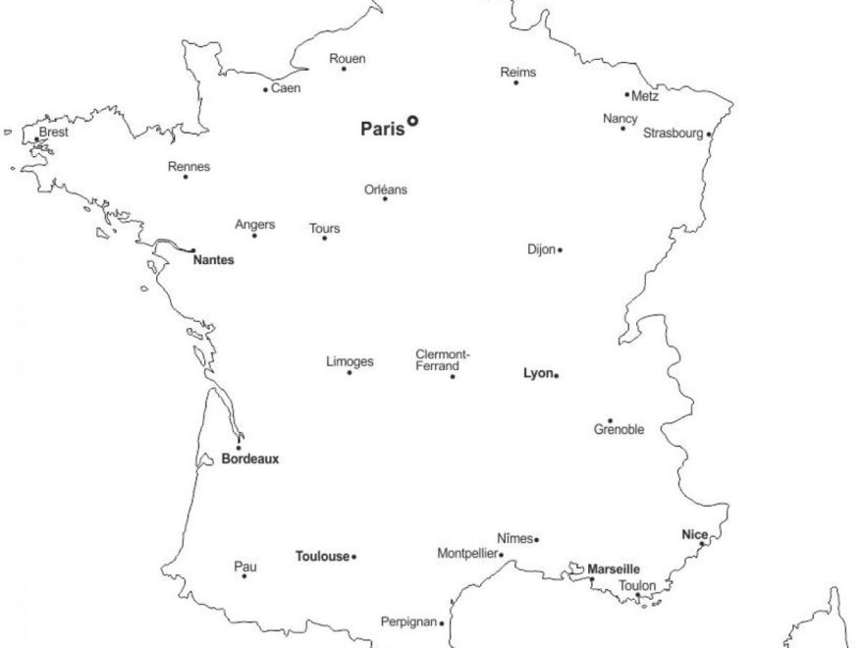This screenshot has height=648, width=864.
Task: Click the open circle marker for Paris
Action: tap(413, 121)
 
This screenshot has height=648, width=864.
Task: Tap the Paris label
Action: tap(382, 128)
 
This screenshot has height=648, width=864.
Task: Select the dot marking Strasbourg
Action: tap(709, 135)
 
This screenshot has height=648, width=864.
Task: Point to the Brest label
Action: tap(54, 131)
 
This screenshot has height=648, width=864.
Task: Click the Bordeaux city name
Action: tap(250, 459)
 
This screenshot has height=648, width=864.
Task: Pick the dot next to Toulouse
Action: tap(353, 557)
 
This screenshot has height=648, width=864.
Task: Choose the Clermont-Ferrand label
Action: tap(443, 359)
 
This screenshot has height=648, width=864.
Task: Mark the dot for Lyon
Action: tap(556, 375)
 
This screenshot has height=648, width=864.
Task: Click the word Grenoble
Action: tap(620, 430)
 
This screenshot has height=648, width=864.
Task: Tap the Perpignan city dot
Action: tap(442, 622)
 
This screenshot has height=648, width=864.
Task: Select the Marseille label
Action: tap(614, 568)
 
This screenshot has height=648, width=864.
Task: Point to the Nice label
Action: tap(694, 534)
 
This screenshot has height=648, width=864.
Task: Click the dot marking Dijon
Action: tap(560, 249)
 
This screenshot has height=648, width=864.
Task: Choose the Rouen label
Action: tap(348, 59)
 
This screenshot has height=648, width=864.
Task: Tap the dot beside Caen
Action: tap(265, 89)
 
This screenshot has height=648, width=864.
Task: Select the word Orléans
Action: tap(386, 189)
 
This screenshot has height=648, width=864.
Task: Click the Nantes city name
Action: tap(213, 260)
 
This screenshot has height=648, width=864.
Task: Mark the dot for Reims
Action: tap(516, 82)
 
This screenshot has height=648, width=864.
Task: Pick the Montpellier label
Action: tap(467, 554)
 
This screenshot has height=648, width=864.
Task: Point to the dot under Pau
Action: tap(244, 575)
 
